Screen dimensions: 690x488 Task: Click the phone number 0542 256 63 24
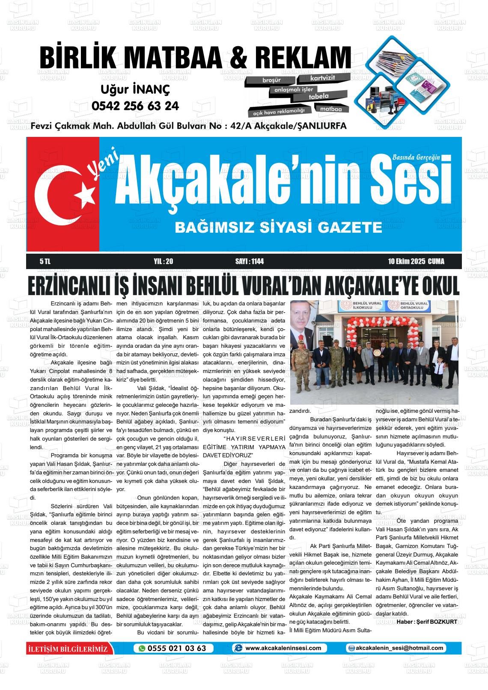click(x=135, y=106)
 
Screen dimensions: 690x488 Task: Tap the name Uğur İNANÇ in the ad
click(x=135, y=90)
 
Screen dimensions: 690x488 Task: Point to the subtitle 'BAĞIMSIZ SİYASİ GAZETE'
click(x=278, y=227)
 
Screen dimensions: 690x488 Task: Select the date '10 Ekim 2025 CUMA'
click(x=416, y=261)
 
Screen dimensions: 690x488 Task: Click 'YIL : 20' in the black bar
click(x=163, y=261)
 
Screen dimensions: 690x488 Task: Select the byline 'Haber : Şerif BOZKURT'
click(x=427, y=622)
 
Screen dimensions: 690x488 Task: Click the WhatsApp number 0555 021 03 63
click(x=176, y=648)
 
